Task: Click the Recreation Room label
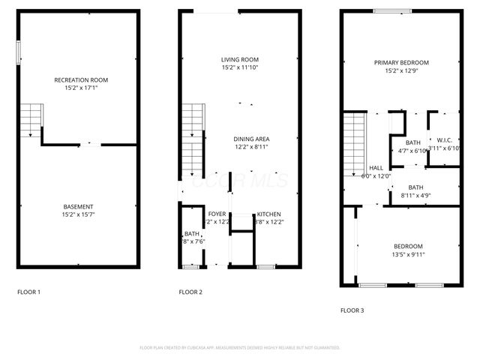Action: coord(81,79)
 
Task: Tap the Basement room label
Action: coord(78,207)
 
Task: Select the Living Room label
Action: coord(239,60)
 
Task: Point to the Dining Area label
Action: coord(251,139)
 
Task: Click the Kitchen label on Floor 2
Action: coord(268,214)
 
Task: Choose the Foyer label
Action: coord(217,214)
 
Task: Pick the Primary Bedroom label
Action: coord(401,63)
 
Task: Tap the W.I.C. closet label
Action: coord(444,140)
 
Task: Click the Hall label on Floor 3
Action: coord(376,168)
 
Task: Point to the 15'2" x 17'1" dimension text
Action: coord(81,88)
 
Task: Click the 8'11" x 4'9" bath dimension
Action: coord(415,196)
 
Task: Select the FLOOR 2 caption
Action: coord(190,292)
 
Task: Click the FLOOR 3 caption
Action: coord(352,310)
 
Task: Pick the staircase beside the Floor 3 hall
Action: coord(354,144)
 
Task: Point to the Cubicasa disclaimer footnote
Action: coord(240,348)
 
